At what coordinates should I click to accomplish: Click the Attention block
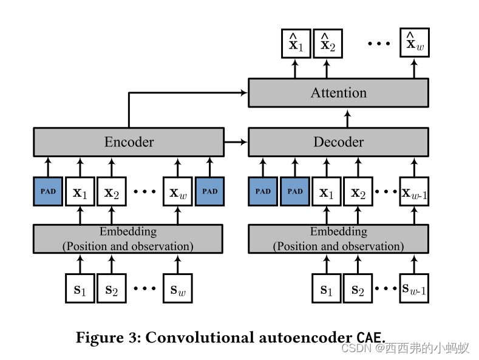pos(338,93)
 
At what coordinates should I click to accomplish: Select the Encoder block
pos(128,142)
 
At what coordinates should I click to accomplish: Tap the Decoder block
pos(338,142)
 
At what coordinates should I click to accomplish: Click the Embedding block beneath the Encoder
pos(128,239)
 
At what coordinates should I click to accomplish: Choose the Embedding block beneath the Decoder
pos(338,239)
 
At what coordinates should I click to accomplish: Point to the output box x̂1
pos(296,44)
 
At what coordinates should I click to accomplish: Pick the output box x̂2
pos(327,44)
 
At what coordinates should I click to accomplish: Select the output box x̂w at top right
pos(414,44)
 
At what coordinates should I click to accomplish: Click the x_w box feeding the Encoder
pos(177,191)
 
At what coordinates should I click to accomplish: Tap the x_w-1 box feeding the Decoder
pos(414,191)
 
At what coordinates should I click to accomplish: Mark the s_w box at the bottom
pos(177,288)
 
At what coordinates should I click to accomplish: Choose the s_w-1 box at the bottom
pos(414,288)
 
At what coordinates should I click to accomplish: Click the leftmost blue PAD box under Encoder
pos(48,191)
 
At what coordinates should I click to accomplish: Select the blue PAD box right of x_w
pos(209,191)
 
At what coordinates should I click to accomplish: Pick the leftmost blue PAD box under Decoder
pos(263,191)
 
